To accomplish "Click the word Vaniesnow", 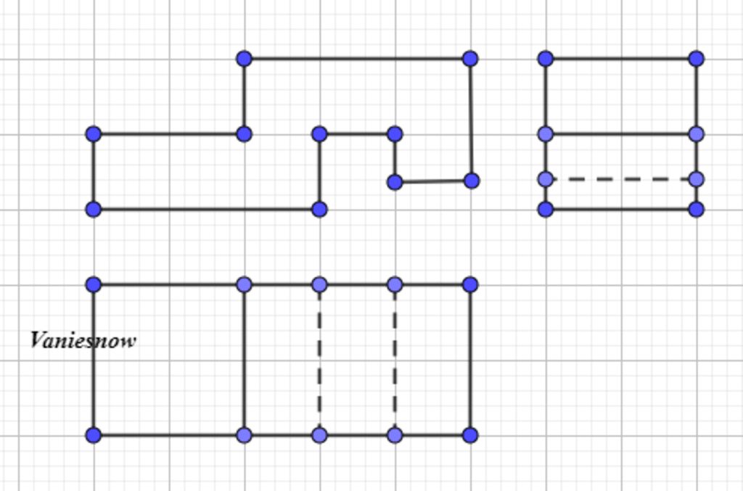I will [x=83, y=340].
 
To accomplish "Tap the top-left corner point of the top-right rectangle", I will [x=546, y=59].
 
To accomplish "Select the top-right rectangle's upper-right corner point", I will [x=696, y=59].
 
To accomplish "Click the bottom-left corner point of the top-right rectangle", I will [x=546, y=210].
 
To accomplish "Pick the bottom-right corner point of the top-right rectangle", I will [x=696, y=210].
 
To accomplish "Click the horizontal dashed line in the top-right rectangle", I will [x=621, y=179].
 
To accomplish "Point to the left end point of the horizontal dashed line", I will [x=546, y=179].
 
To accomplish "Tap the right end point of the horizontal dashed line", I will [x=696, y=179].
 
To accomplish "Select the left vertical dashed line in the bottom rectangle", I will [x=319, y=360].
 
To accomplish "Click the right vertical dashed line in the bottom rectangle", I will [x=395, y=360].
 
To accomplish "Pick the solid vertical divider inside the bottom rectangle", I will [x=245, y=360].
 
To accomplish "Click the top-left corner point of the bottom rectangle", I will [x=94, y=284].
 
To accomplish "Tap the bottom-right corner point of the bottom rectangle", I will [x=470, y=435].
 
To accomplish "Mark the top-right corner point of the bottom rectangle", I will [x=470, y=284].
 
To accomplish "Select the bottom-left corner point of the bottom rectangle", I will [x=94, y=435].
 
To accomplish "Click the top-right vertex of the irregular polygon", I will [x=470, y=59].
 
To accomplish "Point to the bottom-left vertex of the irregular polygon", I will [x=94, y=210].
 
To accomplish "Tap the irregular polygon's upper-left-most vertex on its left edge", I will [x=94, y=134].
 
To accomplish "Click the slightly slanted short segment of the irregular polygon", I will [x=433, y=181].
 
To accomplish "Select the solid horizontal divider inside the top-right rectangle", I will [x=621, y=134].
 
